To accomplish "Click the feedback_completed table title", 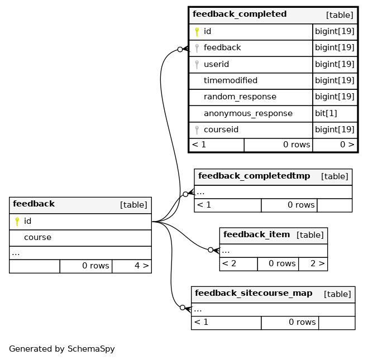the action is [240, 14].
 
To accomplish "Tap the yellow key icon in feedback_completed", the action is [197, 32].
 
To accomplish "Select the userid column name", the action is [216, 64].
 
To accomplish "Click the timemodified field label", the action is [231, 80].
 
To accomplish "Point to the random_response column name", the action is [240, 97].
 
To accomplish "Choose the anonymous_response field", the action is [248, 113].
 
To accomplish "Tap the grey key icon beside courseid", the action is [197, 130].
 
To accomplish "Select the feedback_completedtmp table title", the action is [254, 176].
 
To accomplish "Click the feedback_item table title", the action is [256, 234].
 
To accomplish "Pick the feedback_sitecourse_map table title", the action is [254, 293].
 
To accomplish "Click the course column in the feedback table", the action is [37, 237].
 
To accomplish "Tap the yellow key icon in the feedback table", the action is [17, 222].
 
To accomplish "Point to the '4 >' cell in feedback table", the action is [132, 266].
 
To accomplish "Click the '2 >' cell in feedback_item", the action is [313, 264].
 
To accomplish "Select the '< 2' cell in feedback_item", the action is [238, 264].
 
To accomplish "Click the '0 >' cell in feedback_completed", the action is [335, 145].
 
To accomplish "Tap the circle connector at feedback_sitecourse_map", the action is [183, 308].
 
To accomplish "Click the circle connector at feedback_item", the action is [211, 250].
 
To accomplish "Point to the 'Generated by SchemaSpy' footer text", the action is [62, 349].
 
